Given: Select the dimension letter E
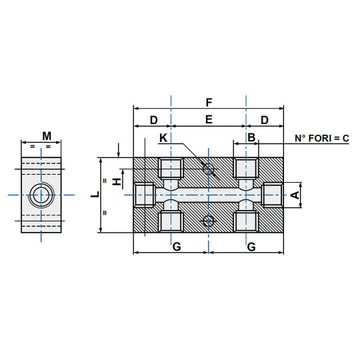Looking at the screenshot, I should pos(209,120).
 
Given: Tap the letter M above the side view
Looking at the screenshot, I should pos(47,136).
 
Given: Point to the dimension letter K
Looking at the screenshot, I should pos(163,138).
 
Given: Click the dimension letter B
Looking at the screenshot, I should pos(251,137).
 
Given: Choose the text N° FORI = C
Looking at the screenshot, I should pos(322,139).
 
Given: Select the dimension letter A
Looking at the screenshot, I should pos(294,195).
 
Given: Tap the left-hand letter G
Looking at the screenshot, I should pos(177,247).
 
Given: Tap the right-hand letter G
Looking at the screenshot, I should pos(251,247).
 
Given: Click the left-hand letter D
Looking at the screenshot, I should pos(153,120).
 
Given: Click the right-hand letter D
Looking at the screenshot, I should pos(265,120).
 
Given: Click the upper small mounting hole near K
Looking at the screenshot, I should pos(209,169).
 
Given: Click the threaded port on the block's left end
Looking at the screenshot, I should pos(145,195).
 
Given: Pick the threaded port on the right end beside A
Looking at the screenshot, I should pos(273,195).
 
